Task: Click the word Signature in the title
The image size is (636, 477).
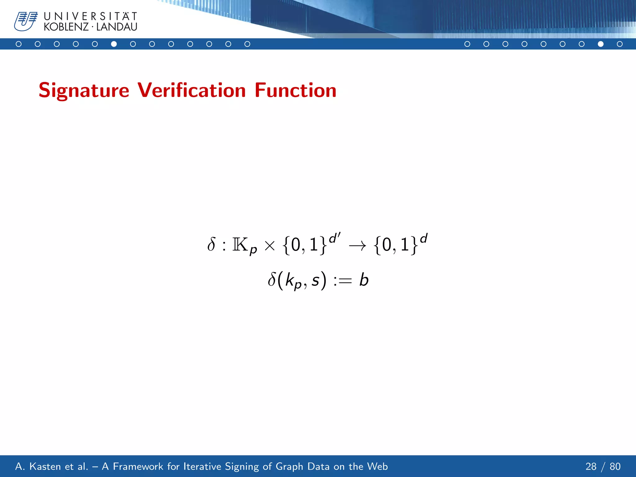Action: (x=84, y=91)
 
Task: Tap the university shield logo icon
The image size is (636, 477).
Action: (x=26, y=21)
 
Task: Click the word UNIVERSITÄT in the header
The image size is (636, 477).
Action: (x=90, y=16)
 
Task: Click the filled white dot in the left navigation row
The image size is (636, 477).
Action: (x=114, y=44)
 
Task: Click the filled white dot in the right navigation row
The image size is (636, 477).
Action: (x=601, y=44)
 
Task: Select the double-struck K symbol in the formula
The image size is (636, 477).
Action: (x=240, y=245)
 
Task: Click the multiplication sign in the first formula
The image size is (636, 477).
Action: (x=270, y=246)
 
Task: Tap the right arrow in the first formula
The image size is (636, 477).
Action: (x=357, y=246)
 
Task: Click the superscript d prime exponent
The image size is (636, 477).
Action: (x=334, y=238)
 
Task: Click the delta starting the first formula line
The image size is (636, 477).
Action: (x=211, y=244)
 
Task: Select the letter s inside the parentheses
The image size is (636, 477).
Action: (x=316, y=281)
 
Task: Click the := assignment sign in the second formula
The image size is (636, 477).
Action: (x=342, y=281)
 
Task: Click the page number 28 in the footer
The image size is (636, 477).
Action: (x=591, y=466)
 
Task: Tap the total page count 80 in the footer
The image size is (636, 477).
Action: (x=615, y=466)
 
